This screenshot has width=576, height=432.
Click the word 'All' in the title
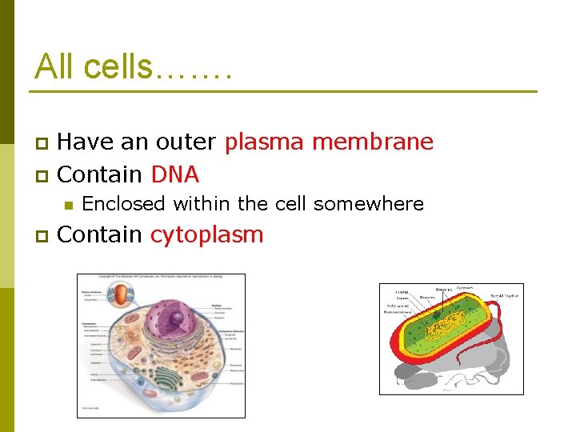54,66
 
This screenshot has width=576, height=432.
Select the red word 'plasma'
265,142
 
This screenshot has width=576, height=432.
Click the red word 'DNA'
174,174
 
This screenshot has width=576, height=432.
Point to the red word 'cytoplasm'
207,235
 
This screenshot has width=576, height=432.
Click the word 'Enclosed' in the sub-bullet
123,204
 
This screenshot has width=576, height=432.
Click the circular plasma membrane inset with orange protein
121,296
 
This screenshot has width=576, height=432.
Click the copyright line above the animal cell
161,277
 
